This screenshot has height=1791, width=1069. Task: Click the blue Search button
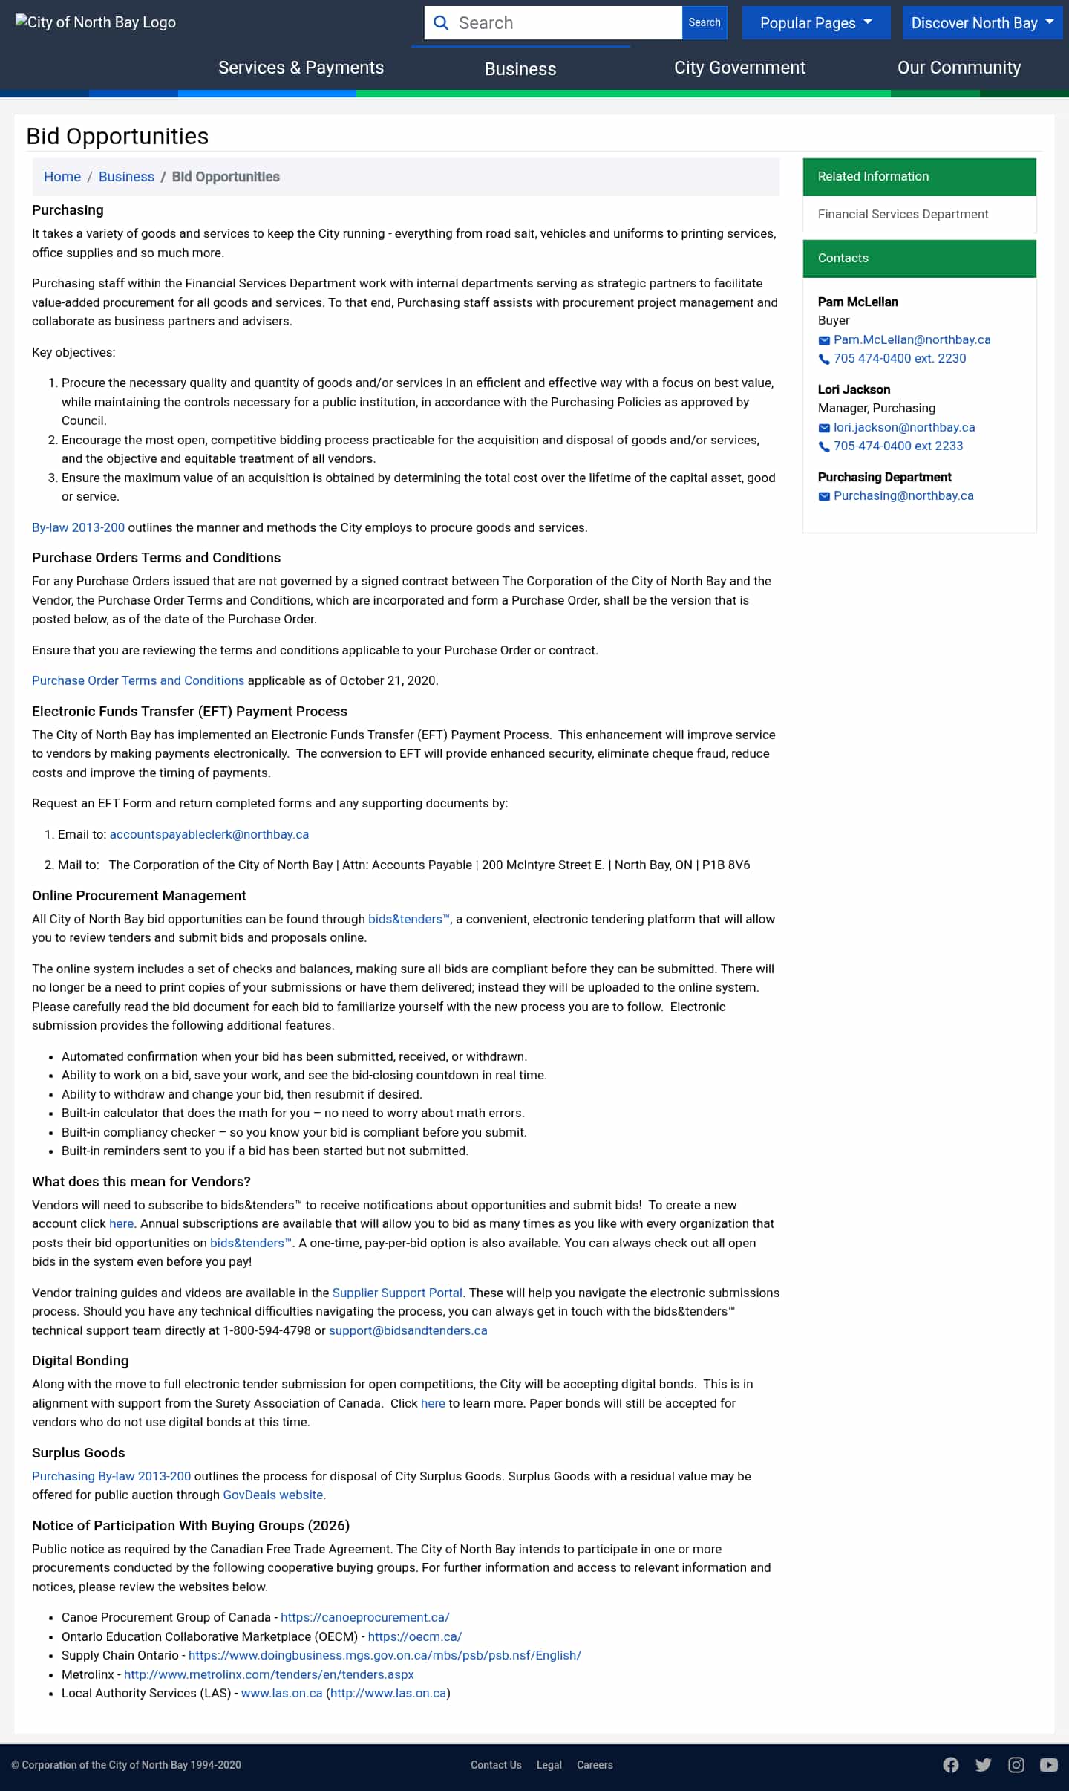[x=704, y=23]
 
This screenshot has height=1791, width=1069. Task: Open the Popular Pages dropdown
[x=816, y=23]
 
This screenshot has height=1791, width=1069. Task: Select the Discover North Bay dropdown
[x=982, y=23]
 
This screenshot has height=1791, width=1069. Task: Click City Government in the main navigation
[x=739, y=68]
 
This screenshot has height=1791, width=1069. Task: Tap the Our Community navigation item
[x=958, y=68]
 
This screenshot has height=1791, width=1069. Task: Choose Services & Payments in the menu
[x=301, y=68]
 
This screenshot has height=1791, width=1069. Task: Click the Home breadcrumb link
[x=62, y=177]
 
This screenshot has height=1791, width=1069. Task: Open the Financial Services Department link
[x=903, y=214]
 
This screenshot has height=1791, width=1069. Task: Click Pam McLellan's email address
[x=912, y=339]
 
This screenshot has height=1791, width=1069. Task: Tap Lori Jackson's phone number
[x=898, y=446]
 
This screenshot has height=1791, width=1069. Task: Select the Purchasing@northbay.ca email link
[x=903, y=495]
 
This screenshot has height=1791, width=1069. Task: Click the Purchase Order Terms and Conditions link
[x=138, y=680]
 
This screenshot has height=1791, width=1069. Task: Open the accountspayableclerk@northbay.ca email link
[x=209, y=834]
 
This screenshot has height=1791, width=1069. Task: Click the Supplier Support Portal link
[x=397, y=1293]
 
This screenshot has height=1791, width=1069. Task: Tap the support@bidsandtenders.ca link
[x=408, y=1330]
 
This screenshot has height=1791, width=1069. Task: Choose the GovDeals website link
[x=273, y=1495]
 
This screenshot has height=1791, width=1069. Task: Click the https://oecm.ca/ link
[x=415, y=1636]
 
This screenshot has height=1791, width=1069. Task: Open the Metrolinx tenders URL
[x=269, y=1674]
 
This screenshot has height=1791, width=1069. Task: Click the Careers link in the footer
[x=595, y=1765]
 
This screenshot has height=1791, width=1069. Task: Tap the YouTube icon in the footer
[x=1048, y=1765]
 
